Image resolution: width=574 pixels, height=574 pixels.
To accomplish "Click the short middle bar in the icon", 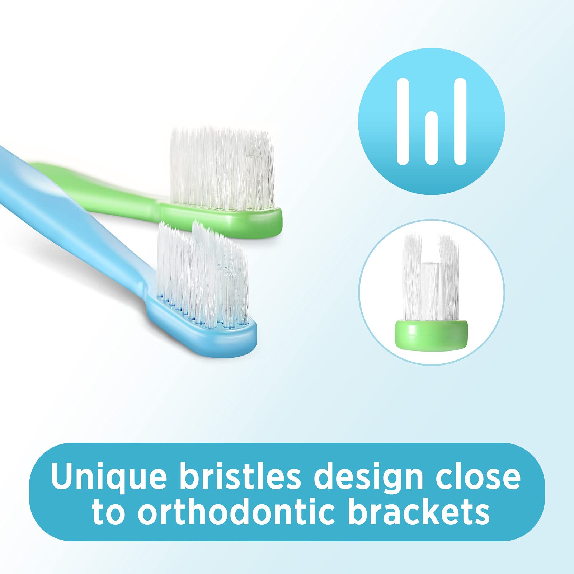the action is (432, 138).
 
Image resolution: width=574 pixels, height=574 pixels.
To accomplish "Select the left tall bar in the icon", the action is (403, 121).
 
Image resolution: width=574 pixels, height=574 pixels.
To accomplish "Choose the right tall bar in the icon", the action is (460, 121).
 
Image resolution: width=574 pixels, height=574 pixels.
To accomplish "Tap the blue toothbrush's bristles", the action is (203, 274).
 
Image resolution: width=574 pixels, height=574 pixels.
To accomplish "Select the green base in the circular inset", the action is (432, 334).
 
